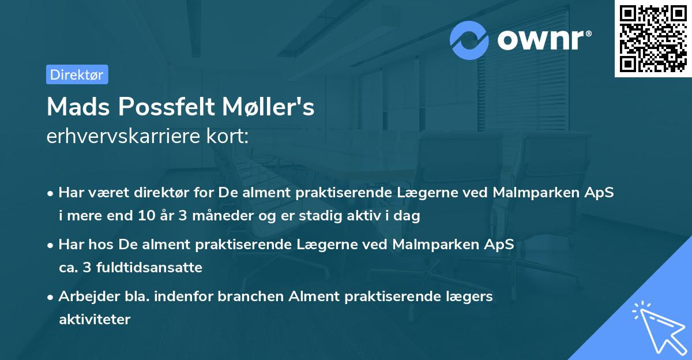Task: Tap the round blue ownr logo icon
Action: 469,40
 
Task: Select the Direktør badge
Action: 77,74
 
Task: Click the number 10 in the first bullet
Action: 145,216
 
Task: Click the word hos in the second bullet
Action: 104,244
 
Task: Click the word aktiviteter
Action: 95,319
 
